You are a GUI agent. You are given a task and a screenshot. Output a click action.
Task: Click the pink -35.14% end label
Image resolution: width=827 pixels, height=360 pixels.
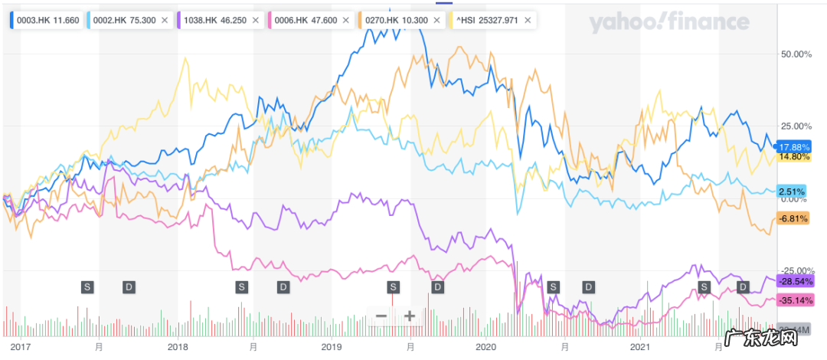coord(793,299)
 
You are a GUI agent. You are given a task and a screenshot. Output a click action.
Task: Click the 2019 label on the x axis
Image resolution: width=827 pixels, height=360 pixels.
coord(332,346)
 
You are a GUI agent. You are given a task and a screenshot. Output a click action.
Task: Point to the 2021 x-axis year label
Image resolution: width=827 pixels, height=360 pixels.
coord(640,346)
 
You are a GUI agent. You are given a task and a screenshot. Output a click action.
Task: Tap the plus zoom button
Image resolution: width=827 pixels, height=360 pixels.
coord(410,316)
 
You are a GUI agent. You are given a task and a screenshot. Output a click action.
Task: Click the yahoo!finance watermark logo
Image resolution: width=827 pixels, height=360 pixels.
coord(668,23)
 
